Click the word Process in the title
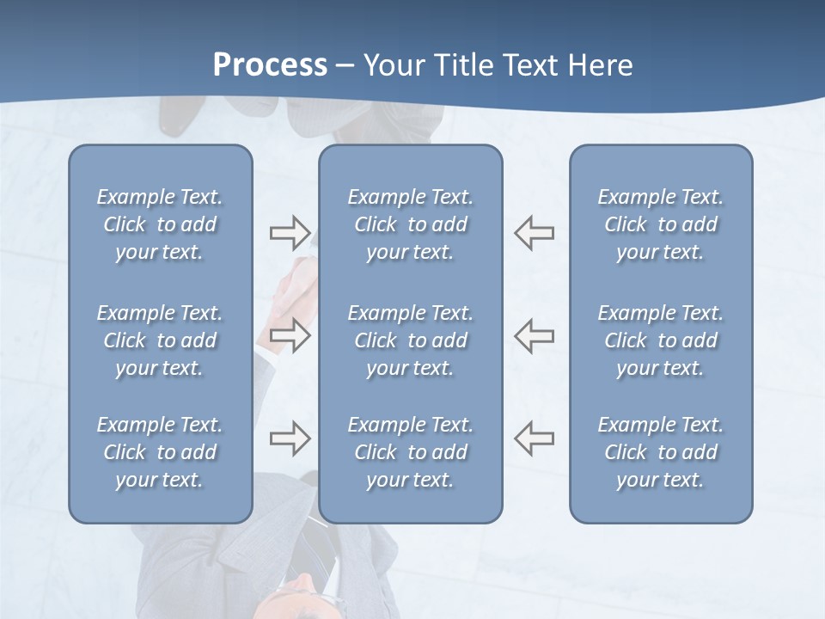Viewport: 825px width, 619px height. pos(270,65)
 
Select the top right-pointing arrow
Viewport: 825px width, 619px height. pos(290,233)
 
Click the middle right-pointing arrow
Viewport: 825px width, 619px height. pos(290,335)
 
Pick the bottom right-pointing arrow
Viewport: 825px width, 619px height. pos(290,438)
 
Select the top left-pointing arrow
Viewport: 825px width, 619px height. pos(535,233)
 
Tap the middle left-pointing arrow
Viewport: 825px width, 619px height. pos(535,335)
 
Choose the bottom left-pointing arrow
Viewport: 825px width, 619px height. pos(535,438)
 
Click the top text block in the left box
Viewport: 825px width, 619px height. pos(160,224)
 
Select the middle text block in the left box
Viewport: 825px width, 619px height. pos(160,340)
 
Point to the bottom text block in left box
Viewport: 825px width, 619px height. pos(160,452)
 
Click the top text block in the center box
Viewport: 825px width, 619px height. pos(411,224)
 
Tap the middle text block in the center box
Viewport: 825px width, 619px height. pos(411,340)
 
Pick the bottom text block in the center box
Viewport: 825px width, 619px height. pos(411,452)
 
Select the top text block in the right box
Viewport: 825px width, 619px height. pos(661,224)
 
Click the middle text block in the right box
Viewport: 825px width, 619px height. pos(661,340)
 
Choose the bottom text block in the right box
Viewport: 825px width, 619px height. pos(661,452)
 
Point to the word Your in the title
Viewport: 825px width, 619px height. pos(392,65)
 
